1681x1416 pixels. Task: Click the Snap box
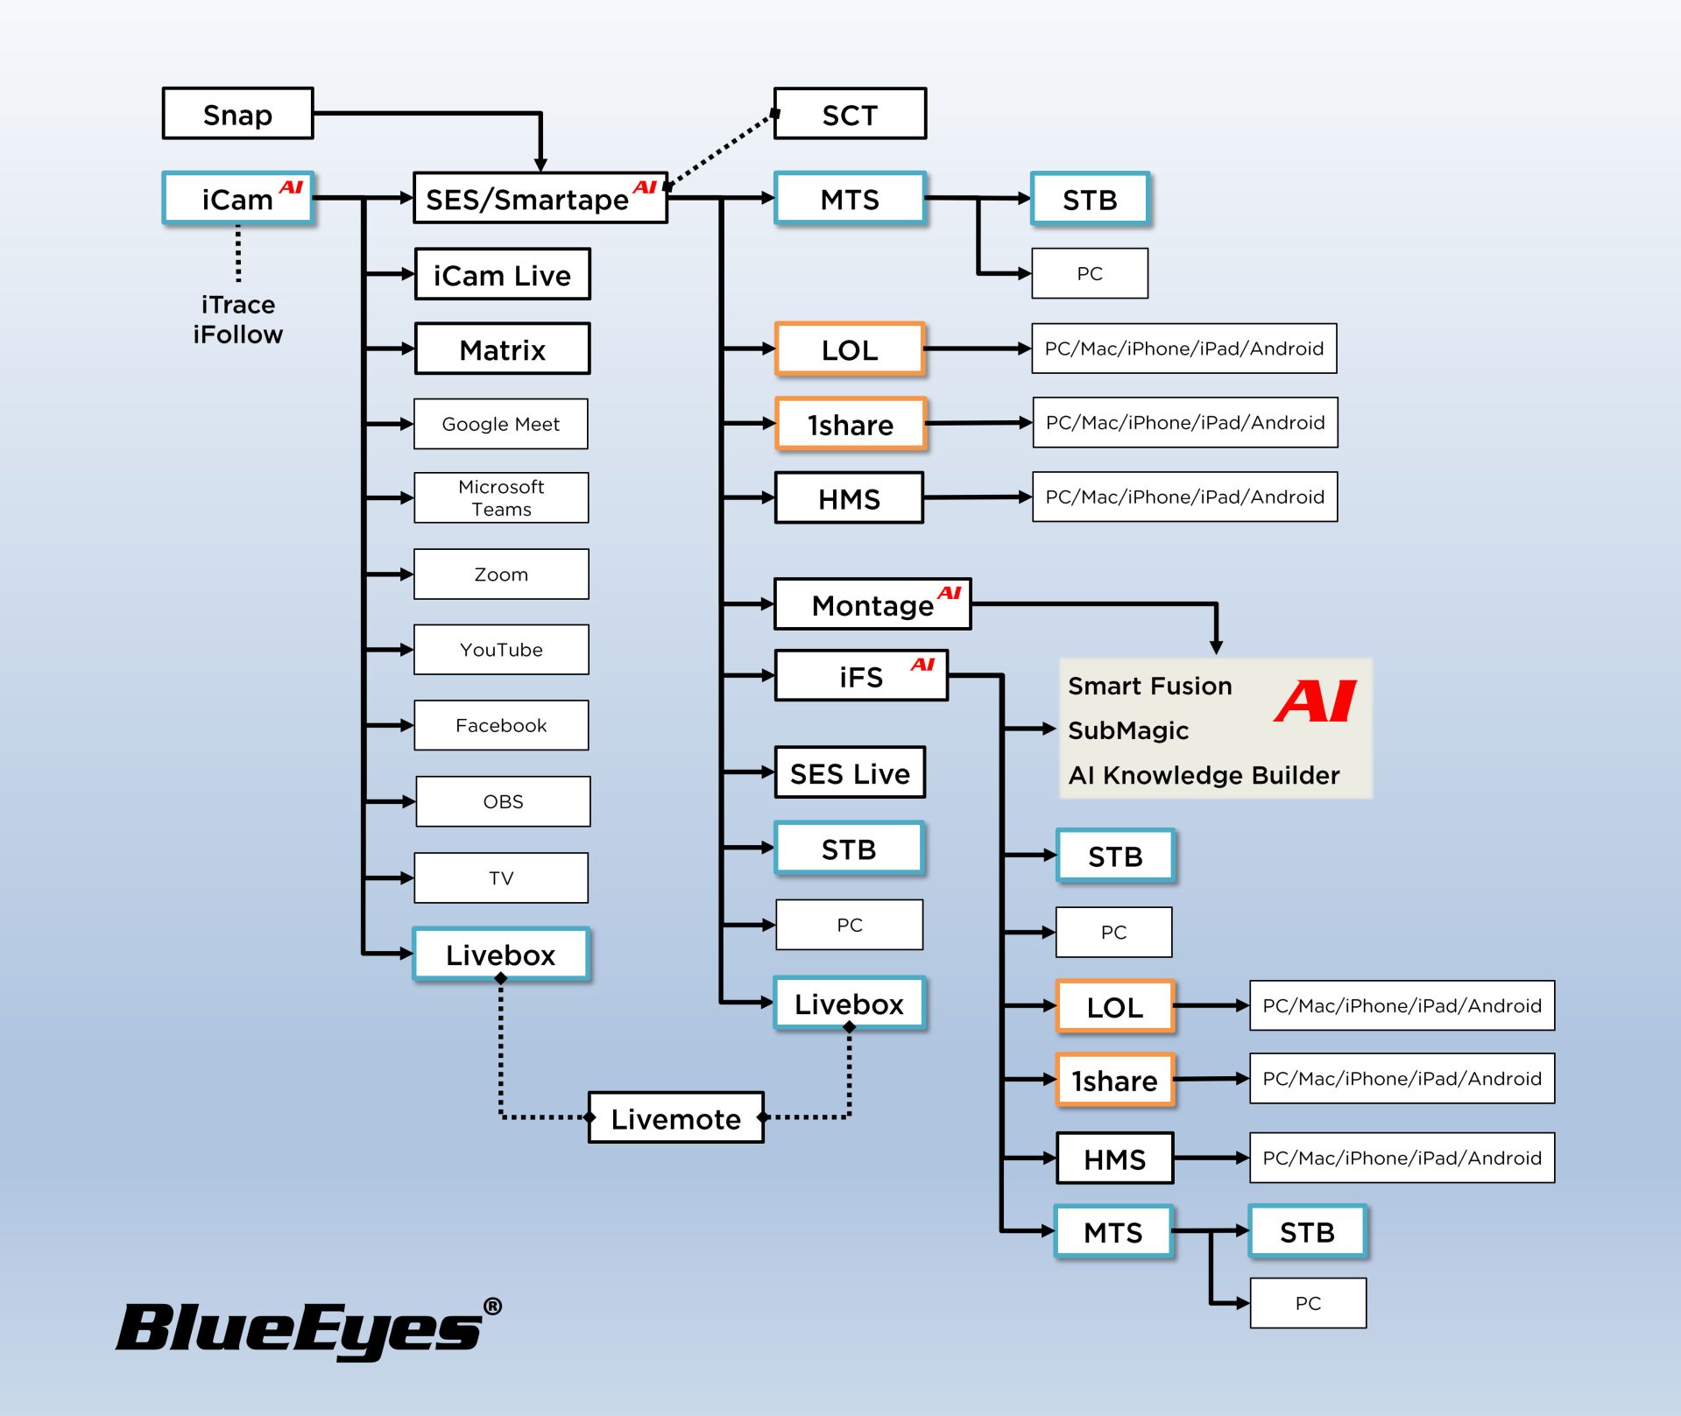237,114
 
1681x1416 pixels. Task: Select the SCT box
850,114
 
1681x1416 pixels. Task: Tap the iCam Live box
502,275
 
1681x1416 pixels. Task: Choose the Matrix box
502,349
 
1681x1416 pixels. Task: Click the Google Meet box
500,424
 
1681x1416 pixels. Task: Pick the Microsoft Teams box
501,497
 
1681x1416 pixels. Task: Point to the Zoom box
501,574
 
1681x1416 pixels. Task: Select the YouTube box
501,650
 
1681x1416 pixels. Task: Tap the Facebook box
501,725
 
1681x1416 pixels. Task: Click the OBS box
503,801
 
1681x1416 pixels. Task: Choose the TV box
501,877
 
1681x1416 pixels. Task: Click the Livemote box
675,1118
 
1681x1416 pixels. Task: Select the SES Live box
850,772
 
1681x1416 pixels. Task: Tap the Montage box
872,604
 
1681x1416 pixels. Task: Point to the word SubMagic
1128,730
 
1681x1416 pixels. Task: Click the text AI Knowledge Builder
1204,775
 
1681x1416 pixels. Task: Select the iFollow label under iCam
238,335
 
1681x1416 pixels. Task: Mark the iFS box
861,676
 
